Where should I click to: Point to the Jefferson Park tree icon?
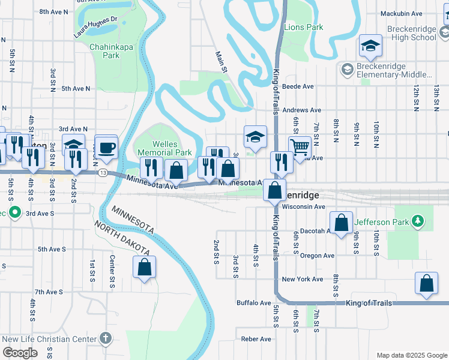click(418, 222)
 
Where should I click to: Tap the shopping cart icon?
click(300, 146)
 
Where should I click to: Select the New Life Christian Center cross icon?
click(106, 338)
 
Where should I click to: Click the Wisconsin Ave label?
click(303, 206)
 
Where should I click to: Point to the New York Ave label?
click(303, 279)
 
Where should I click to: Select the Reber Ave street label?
click(257, 339)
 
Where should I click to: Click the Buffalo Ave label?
click(254, 303)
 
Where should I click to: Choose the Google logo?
click(20, 353)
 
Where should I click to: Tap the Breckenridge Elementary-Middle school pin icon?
click(347, 70)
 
